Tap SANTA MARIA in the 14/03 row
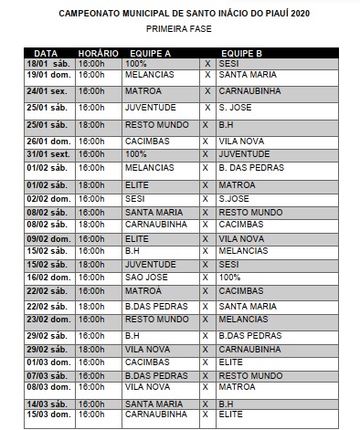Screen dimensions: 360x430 click(x=153, y=403)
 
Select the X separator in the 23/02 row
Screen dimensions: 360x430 click(x=207, y=320)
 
